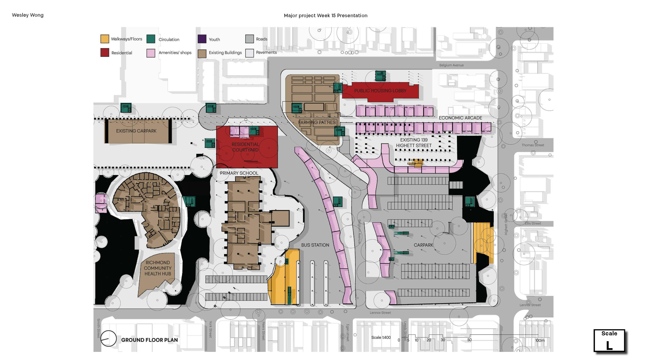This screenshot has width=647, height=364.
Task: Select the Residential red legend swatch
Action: (x=105, y=53)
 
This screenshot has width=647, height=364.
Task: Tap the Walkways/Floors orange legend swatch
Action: (x=105, y=39)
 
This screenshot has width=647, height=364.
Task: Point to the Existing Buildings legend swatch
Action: (x=202, y=54)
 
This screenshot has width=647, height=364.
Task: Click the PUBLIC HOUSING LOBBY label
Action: (x=380, y=91)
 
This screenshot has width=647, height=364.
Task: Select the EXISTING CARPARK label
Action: (x=136, y=131)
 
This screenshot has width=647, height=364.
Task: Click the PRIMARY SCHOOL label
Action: (x=239, y=173)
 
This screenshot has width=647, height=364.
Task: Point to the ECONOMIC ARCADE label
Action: (x=460, y=118)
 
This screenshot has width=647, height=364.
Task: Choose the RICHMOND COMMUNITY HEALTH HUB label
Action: (x=158, y=268)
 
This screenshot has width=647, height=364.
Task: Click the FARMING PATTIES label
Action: (x=317, y=122)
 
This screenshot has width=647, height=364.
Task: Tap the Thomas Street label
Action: (x=533, y=145)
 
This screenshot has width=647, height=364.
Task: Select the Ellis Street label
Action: (x=533, y=223)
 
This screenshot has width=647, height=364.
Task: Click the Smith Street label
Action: (x=98, y=328)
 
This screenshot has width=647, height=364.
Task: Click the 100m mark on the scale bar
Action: (x=540, y=340)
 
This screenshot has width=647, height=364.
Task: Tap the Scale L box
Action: (x=609, y=341)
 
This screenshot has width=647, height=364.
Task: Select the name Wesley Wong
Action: (x=28, y=15)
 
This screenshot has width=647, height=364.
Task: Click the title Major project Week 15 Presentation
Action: (x=326, y=16)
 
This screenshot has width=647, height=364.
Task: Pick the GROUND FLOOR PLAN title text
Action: (x=149, y=340)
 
